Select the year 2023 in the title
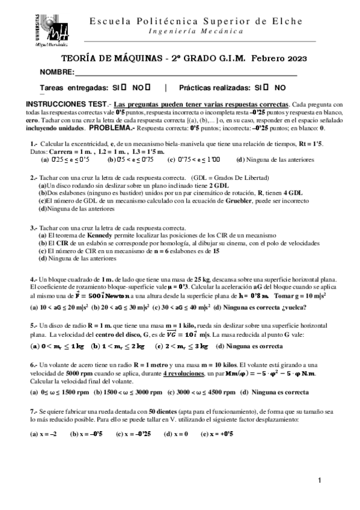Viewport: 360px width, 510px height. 293,59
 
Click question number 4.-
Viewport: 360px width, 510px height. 34,280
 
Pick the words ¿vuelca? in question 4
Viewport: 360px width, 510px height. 291,307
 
